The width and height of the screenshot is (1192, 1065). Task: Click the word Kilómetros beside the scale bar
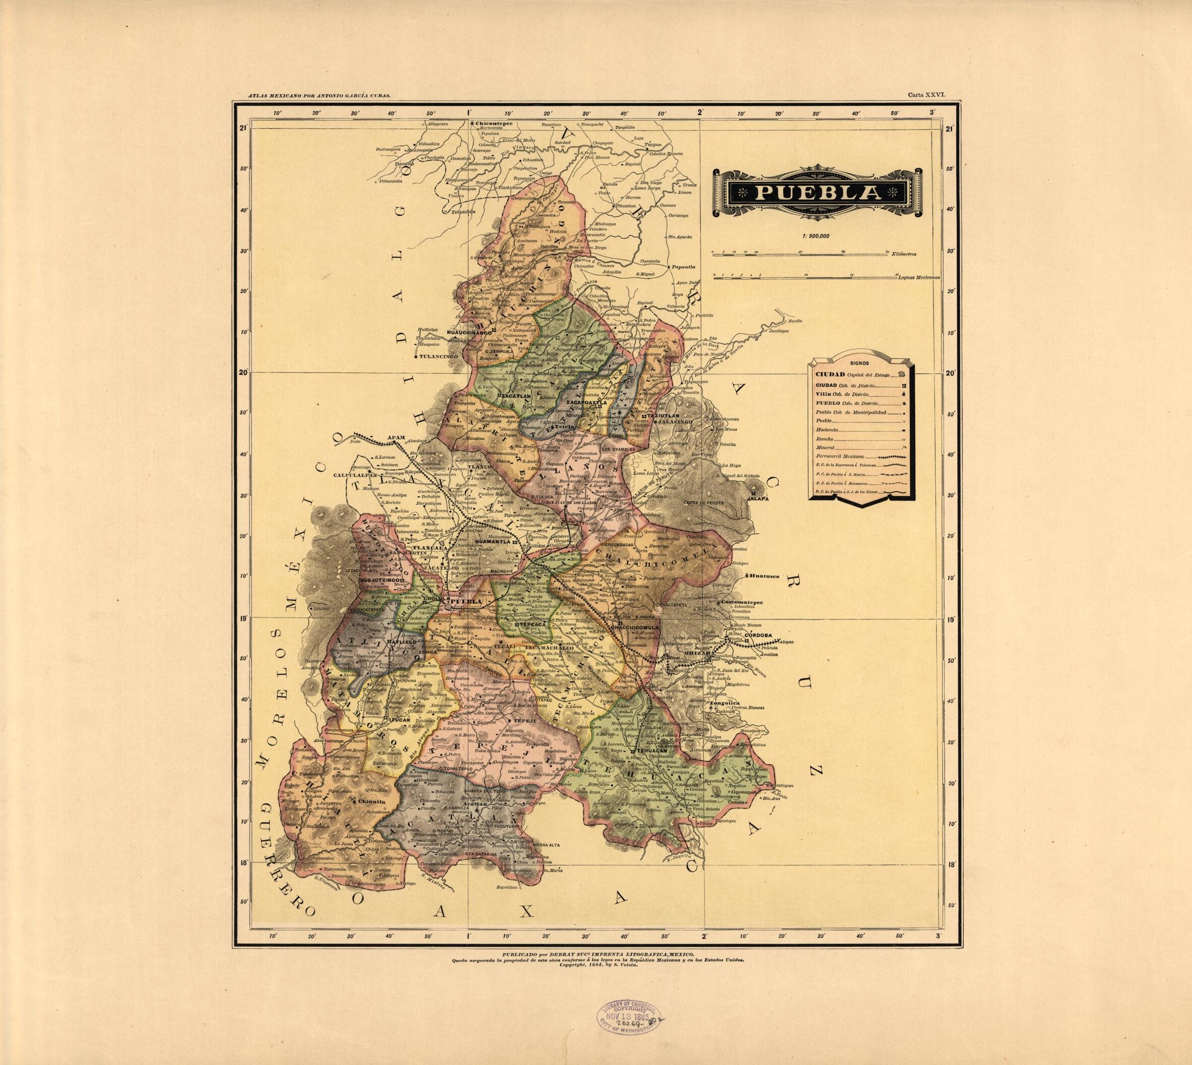click(904, 254)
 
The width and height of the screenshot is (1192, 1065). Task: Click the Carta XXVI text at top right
click(923, 94)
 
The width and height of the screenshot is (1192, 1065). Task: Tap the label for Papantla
click(683, 267)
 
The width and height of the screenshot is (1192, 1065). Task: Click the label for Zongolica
click(726, 703)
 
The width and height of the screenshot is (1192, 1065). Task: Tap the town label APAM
click(396, 437)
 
